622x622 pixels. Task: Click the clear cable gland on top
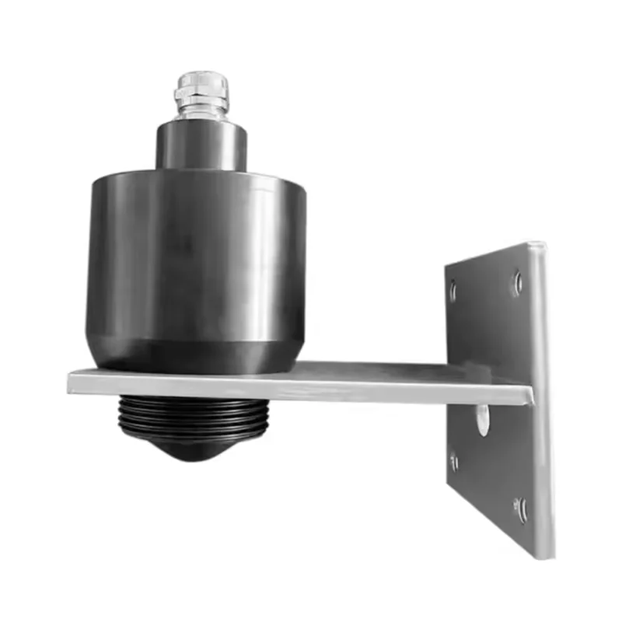tap(201, 94)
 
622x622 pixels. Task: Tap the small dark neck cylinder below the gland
tap(201, 145)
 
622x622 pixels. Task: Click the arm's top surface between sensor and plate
tap(373, 372)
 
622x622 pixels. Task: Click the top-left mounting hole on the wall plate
tap(453, 291)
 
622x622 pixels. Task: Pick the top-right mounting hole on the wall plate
tap(517, 282)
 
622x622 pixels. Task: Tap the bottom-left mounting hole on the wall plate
tap(454, 462)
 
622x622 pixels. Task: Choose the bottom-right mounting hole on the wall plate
tap(520, 509)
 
